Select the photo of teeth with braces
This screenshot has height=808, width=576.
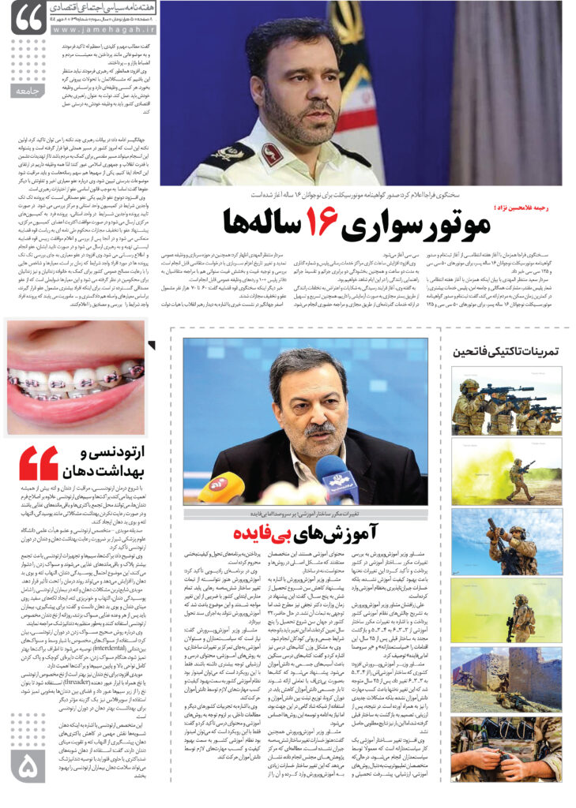coord(76,377)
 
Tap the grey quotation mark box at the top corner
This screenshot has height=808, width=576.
coord(28,17)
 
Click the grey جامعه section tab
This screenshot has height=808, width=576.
coord(28,92)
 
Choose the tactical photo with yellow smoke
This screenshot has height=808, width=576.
coord(506,473)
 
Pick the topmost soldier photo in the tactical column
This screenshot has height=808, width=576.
coord(506,403)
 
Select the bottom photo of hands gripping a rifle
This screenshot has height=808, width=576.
coord(506,750)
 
